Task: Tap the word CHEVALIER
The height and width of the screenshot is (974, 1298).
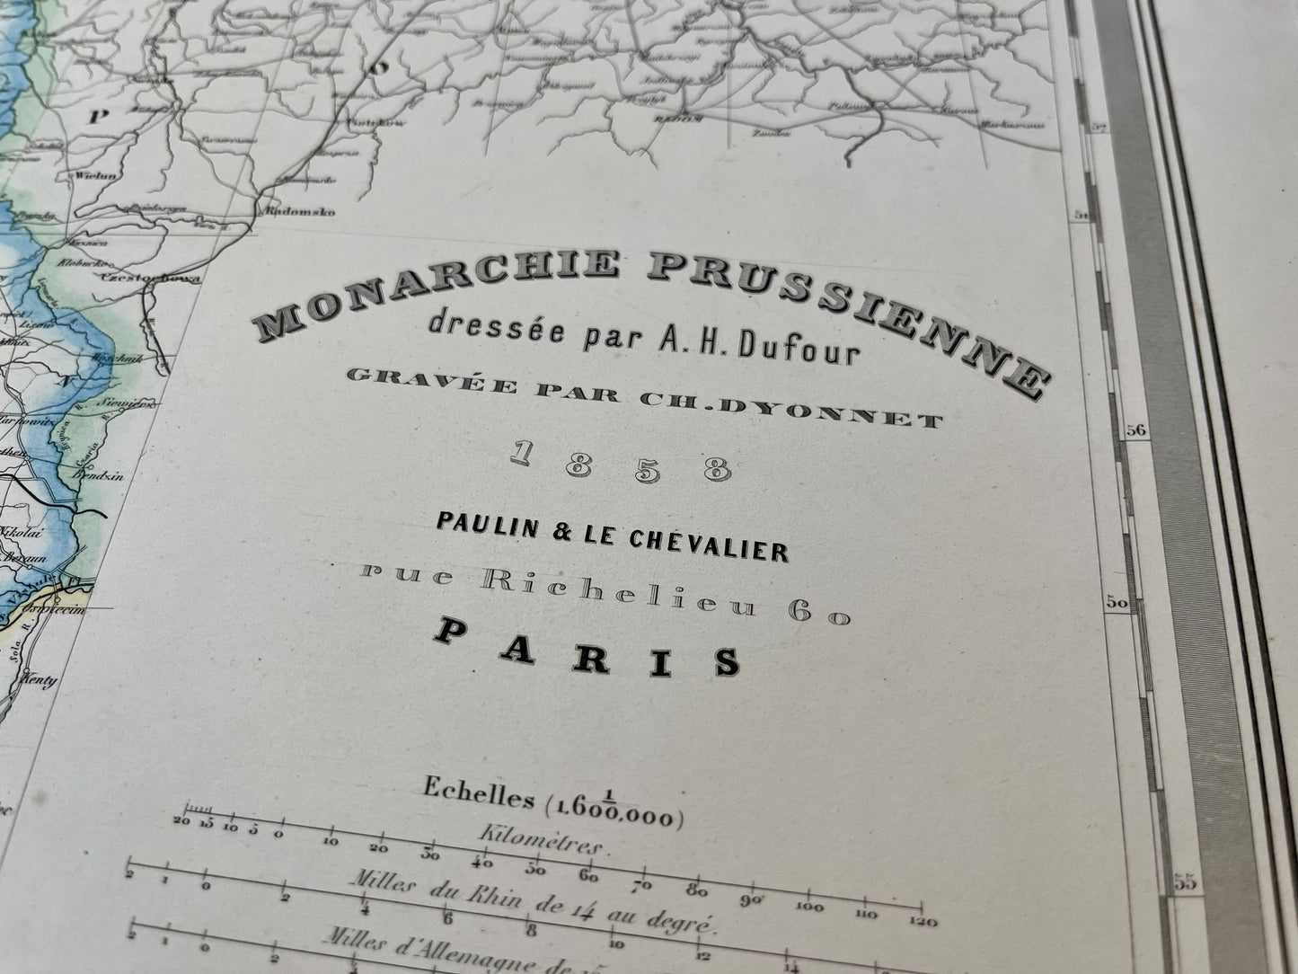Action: pos(702,546)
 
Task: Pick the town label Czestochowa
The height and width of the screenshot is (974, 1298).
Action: pos(144,280)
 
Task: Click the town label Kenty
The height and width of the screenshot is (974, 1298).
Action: pos(40,680)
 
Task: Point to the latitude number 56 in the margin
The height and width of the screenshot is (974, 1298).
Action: pos(1137,430)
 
